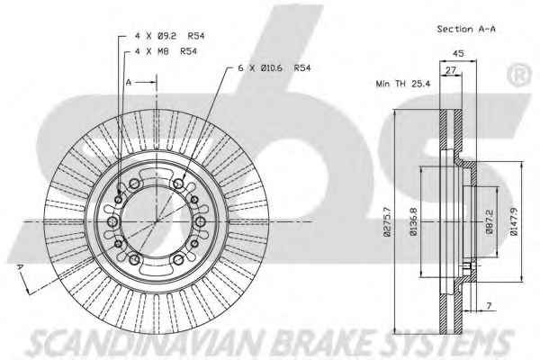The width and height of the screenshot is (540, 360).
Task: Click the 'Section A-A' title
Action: click(466, 29)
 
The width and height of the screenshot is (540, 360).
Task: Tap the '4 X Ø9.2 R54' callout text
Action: click(169, 35)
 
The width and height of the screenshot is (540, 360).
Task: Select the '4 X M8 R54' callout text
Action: click(166, 51)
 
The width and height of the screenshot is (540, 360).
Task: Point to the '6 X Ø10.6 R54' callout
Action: click(274, 67)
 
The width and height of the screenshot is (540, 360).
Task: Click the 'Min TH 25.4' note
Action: click(403, 84)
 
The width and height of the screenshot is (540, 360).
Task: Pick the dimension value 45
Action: click(458, 53)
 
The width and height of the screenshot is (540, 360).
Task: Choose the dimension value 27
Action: click(451, 70)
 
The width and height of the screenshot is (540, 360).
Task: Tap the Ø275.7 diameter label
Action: click(387, 222)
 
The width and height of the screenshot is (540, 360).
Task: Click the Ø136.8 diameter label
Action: click(413, 222)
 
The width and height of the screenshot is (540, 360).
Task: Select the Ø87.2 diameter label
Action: click(490, 222)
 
